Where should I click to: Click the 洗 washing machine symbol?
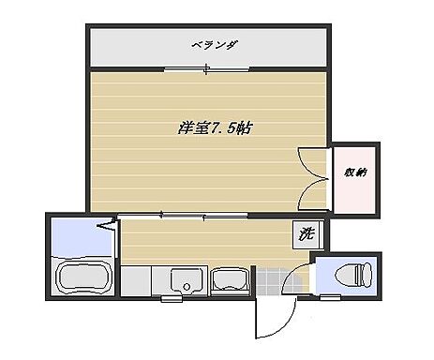pos(306,234)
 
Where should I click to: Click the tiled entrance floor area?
pos(272,279)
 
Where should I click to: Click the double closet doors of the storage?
pos(315,178)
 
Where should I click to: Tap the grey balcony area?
pos(122,45)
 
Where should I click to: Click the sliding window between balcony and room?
pos(208,67)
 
